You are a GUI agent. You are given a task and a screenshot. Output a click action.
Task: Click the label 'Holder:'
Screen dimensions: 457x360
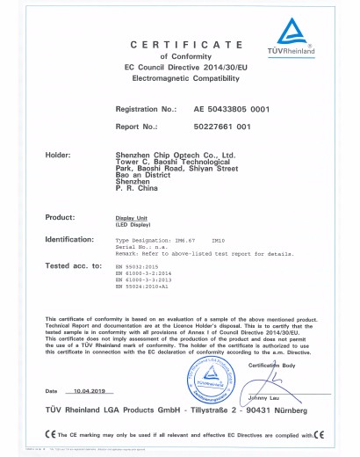58,154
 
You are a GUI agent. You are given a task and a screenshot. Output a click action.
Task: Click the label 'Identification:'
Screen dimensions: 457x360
69,238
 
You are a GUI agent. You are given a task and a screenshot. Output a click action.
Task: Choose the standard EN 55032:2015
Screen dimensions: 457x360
140,265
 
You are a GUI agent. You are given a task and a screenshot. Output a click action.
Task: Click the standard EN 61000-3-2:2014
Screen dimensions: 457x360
147,272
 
